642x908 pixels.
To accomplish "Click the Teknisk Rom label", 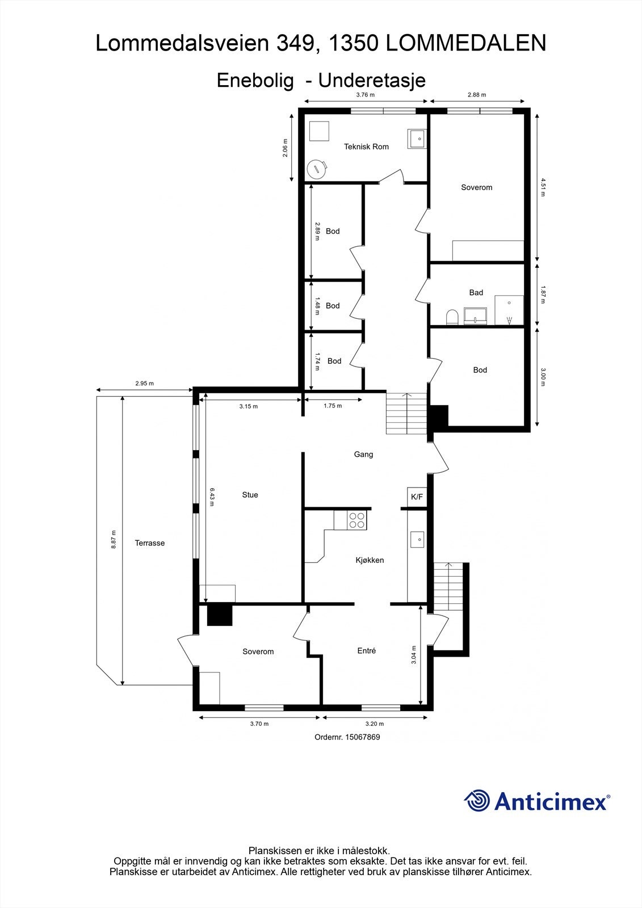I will (x=366, y=146).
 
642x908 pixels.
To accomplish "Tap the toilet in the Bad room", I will (x=452, y=316).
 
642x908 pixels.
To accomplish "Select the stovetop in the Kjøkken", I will (x=357, y=520).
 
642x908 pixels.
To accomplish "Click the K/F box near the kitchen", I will (x=417, y=497).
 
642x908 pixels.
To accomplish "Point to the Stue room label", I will (x=250, y=495).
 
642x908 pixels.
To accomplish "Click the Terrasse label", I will (x=150, y=543).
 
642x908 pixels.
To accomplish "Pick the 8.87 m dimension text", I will (x=114, y=539).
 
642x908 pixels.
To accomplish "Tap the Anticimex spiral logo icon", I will (x=477, y=801).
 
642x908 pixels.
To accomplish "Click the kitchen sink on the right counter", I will (x=417, y=539).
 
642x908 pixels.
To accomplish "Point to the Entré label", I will (x=367, y=651).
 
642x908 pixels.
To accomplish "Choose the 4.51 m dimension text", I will (x=543, y=187).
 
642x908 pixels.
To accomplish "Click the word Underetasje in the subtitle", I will (x=372, y=81).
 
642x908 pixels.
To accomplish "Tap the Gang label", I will (x=363, y=454).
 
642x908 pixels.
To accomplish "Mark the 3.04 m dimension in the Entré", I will (x=414, y=654).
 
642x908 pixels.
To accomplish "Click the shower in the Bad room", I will (x=509, y=310).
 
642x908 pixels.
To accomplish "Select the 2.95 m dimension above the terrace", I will (x=144, y=384).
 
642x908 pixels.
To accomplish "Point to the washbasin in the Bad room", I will (x=476, y=316).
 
